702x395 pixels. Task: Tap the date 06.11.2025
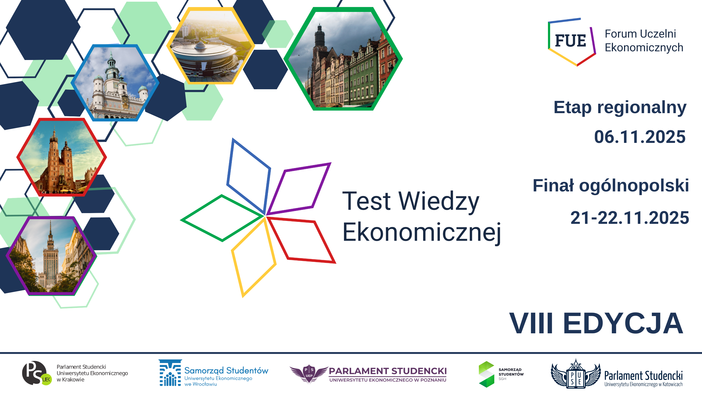point(640,137)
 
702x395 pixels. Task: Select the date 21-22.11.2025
point(630,218)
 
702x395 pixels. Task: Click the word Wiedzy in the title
point(439,202)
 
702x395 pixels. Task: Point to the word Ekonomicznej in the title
point(422,232)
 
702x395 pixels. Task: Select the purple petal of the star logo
point(298,189)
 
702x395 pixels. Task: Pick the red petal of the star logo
point(301,240)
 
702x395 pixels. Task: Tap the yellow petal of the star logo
point(253,258)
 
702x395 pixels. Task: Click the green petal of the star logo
point(222,218)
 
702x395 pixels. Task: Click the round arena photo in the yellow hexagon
point(210,46)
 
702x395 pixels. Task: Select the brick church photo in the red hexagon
point(62,157)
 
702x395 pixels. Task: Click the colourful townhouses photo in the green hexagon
point(343,59)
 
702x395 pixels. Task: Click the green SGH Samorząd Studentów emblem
point(487,374)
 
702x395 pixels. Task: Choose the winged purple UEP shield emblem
point(309,374)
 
